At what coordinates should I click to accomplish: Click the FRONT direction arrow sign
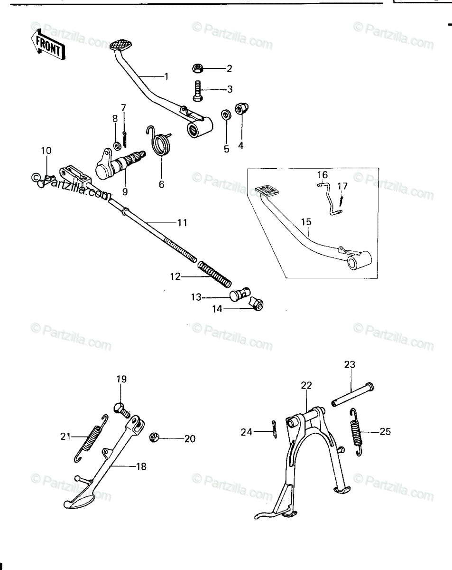(48, 44)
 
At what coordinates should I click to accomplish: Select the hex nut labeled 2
(198, 68)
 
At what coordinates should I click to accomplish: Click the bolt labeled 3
(197, 91)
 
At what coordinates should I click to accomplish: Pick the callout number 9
(125, 191)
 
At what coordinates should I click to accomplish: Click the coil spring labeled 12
(214, 274)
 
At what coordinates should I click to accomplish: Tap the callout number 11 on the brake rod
(182, 223)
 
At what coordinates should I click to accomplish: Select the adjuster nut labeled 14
(257, 304)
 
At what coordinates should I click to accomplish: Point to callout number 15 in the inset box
(306, 222)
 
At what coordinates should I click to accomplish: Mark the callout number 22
(306, 385)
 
